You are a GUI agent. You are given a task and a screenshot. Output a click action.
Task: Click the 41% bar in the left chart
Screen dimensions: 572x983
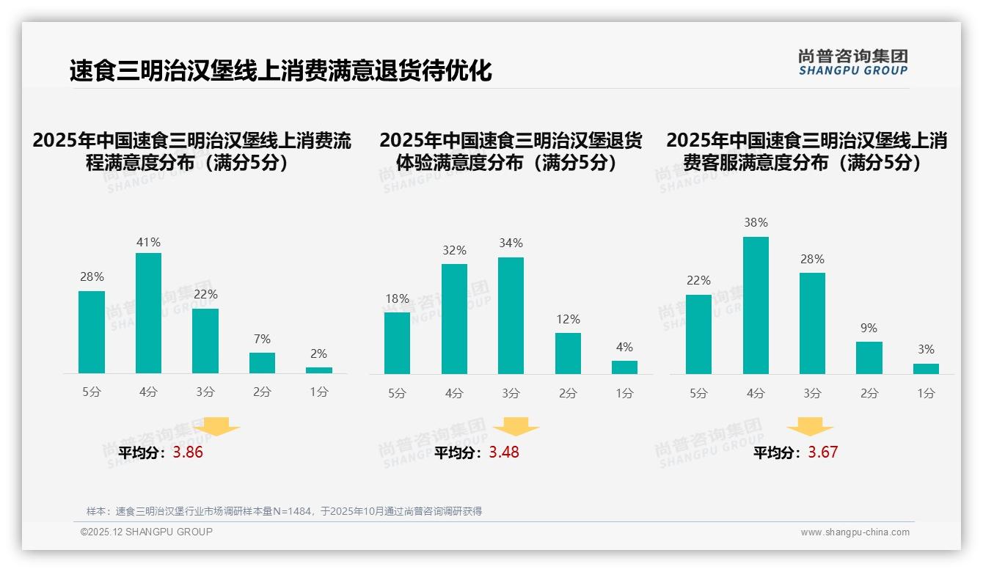148,313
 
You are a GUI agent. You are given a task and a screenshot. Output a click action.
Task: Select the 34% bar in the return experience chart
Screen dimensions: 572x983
511,315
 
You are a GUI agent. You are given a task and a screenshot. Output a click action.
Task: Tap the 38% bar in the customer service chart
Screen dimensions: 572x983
756,305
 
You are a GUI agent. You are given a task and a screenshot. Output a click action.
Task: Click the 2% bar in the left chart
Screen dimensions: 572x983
318,370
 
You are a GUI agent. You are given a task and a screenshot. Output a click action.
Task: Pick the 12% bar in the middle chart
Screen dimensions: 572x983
568,353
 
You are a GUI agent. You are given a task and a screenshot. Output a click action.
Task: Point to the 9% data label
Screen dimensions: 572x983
869,328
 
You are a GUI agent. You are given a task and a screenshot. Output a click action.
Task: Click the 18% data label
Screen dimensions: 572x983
397,298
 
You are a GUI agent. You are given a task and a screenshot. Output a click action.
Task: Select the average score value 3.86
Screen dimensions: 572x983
188,452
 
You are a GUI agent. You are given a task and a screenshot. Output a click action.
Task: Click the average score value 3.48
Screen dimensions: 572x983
504,452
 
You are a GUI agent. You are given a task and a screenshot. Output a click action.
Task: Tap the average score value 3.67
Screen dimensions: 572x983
822,452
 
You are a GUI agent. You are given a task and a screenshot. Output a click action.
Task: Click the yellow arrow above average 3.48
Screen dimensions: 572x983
516,426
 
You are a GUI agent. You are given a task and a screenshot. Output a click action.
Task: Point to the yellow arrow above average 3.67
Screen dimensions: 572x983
810,426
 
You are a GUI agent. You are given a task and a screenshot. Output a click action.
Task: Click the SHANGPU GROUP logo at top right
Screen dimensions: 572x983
852,62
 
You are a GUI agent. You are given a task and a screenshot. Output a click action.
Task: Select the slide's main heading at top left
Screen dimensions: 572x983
280,70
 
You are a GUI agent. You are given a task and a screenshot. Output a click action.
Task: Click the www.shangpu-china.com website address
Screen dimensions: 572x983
855,532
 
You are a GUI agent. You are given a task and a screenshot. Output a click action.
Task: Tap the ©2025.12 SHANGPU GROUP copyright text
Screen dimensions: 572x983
147,532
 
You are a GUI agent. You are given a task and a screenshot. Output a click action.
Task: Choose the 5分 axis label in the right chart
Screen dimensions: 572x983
698,394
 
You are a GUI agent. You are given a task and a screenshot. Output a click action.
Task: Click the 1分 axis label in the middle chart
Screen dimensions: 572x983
624,394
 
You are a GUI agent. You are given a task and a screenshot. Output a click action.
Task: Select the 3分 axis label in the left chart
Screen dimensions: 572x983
205,392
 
